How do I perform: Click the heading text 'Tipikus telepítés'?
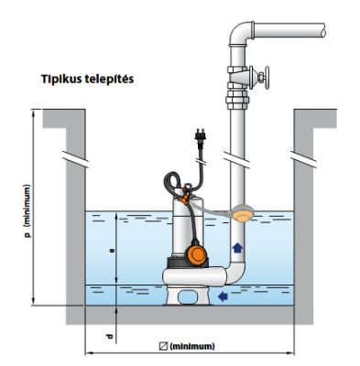point(88,80)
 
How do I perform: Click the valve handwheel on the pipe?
point(267,78)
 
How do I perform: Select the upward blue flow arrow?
point(237,247)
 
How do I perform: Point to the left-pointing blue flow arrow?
point(224,296)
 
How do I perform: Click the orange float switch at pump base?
point(196,252)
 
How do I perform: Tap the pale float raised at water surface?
point(242,212)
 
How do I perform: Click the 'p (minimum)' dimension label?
point(27,211)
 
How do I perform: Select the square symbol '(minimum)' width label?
point(187,347)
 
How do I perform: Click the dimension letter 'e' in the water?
point(112,251)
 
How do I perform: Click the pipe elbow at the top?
point(240,33)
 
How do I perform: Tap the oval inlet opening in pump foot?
point(188,296)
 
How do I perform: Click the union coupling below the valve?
point(237,100)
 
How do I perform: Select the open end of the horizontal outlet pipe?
point(323,30)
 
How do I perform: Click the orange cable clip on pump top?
point(184,199)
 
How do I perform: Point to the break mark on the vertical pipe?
point(237,159)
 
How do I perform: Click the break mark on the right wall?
point(303,159)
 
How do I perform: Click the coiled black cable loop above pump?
point(172,183)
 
